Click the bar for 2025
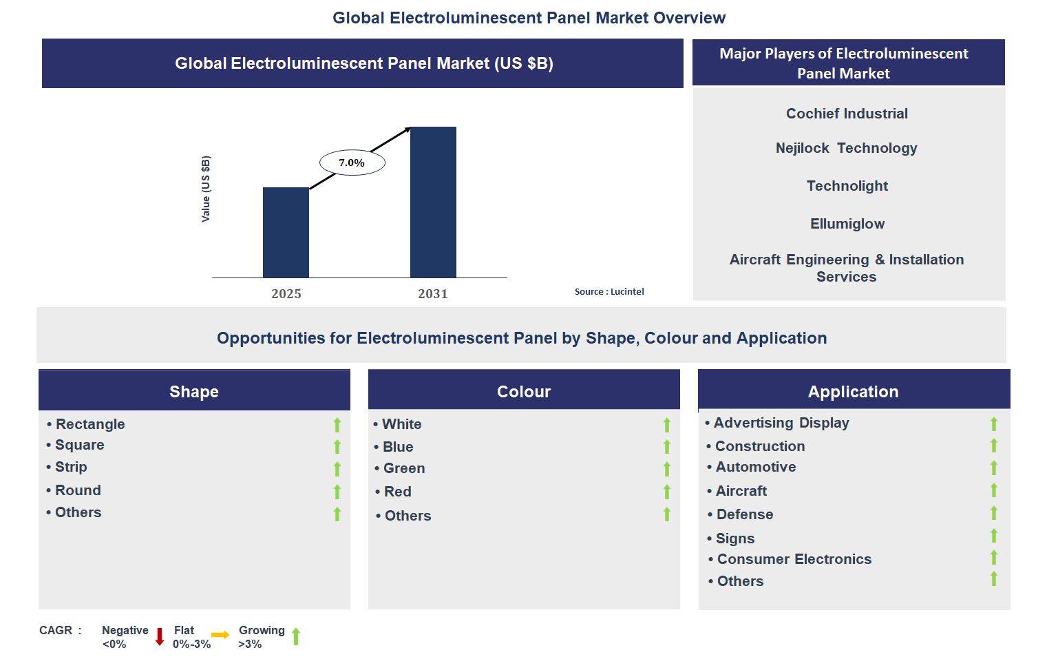tap(286, 232)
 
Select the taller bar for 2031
tap(433, 202)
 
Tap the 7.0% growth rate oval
tap(352, 163)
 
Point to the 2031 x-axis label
tap(433, 294)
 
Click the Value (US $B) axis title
tap(206, 189)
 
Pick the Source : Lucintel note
tap(609, 292)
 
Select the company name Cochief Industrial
tap(847, 114)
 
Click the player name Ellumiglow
tap(847, 224)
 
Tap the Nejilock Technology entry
tap(846, 148)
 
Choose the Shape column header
tap(194, 391)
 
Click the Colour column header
tap(524, 391)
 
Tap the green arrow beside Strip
tap(337, 469)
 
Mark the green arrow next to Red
tap(667, 492)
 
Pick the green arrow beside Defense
tap(994, 513)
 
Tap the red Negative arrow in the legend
tap(160, 636)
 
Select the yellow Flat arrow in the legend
tap(220, 635)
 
